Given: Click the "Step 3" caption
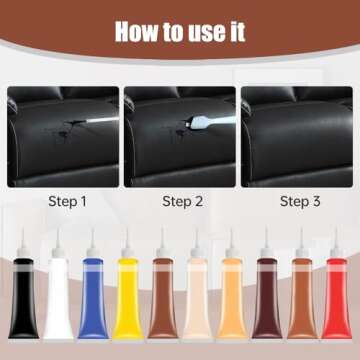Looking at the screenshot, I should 300,201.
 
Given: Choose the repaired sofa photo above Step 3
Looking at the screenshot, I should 300,135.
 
